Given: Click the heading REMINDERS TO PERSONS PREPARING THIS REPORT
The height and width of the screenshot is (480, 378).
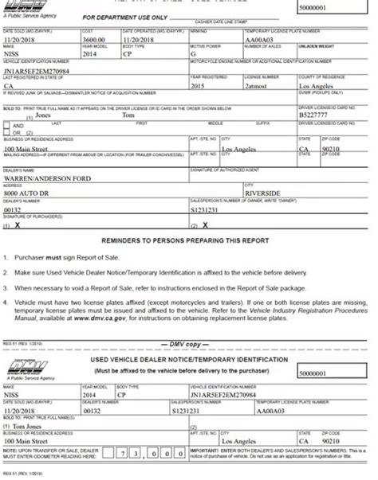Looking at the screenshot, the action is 188,240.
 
